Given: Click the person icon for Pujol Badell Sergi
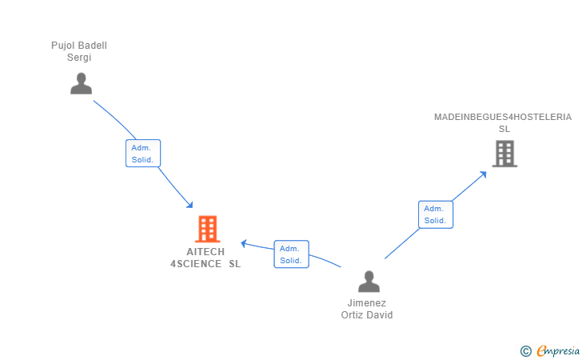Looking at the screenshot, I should (81, 83).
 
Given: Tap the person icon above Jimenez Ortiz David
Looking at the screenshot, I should (369, 282).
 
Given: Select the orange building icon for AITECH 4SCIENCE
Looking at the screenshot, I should (207, 229).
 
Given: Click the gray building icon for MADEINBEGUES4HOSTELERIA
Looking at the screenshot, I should (504, 154).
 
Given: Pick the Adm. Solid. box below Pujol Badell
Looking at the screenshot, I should (143, 154).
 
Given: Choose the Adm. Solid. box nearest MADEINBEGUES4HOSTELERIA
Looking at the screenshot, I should (435, 214).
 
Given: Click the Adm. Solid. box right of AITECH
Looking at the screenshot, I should (291, 254).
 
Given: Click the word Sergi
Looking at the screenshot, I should (79, 58).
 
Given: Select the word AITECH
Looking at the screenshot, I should (205, 251).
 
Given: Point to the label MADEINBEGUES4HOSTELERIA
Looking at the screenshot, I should (503, 117).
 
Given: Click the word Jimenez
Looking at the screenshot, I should (367, 303).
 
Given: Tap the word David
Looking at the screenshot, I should (380, 314).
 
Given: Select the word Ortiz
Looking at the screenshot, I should (353, 314).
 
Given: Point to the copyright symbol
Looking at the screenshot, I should (525, 350).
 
